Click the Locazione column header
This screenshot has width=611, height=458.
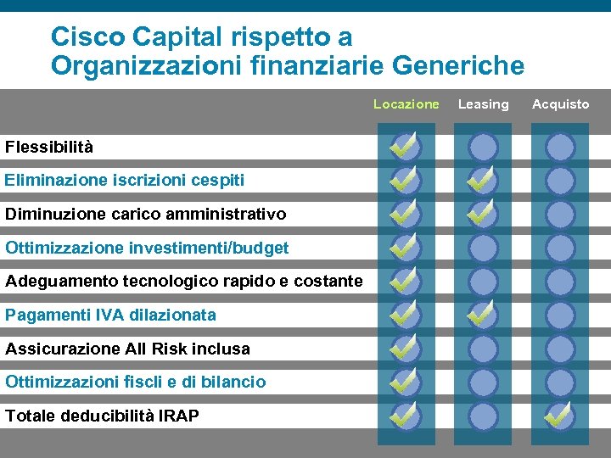[x=406, y=104]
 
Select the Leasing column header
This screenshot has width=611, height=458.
[x=483, y=104]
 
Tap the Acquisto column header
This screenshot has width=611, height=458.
[x=560, y=104]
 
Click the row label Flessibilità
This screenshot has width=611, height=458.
[x=49, y=147]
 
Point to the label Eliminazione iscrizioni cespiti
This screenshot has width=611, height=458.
[x=125, y=180]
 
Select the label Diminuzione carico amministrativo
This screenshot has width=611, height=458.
[x=146, y=214]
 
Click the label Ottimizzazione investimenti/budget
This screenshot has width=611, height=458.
[x=147, y=248]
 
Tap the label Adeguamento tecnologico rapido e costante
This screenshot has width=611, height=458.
[x=184, y=281]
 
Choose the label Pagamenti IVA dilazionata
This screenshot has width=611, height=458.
[x=110, y=315]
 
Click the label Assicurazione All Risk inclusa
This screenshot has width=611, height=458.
[x=127, y=349]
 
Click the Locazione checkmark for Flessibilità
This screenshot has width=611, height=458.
[x=405, y=147]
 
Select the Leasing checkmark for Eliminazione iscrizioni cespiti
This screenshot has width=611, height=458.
[x=483, y=180]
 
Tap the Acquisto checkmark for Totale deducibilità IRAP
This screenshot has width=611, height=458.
[x=559, y=416]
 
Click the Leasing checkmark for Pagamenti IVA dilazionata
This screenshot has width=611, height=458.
[x=483, y=315]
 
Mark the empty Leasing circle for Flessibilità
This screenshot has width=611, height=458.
[x=484, y=147]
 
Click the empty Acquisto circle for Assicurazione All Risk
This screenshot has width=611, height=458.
[x=560, y=349]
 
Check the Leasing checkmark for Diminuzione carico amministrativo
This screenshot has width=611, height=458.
[x=483, y=214]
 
